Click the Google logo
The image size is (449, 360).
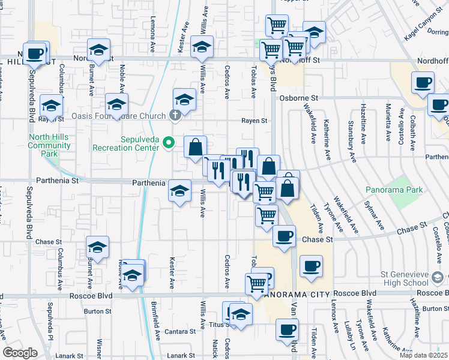20,352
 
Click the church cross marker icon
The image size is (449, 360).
175,115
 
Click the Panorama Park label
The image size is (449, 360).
394,190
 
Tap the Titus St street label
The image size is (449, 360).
217,325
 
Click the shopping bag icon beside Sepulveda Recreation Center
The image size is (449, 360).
195,146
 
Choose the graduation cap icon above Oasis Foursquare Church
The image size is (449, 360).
184,99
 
